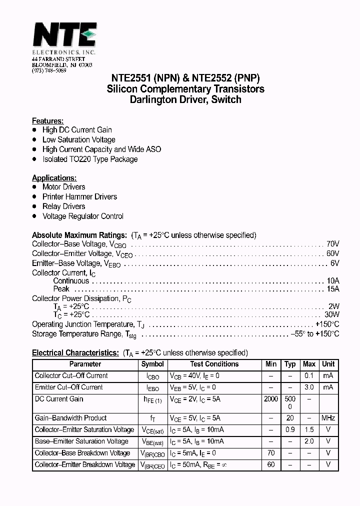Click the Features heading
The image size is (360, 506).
click(47, 121)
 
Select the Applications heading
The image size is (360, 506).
click(54, 178)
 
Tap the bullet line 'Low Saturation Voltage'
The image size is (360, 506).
click(78, 140)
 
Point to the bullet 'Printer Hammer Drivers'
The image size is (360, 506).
click(79, 197)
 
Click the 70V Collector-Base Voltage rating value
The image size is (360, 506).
click(332, 244)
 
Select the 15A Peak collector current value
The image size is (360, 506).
click(332, 289)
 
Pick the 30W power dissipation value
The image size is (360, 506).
click(331, 315)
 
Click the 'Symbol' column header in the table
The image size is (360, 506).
click(152, 364)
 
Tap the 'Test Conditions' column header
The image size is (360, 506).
click(214, 364)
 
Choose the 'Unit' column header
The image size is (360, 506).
click(328, 364)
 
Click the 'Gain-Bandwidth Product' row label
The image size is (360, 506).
click(70, 418)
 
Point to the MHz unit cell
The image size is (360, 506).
click(328, 418)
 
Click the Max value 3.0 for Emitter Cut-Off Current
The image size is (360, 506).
click(309, 387)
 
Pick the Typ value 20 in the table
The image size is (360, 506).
click(290, 418)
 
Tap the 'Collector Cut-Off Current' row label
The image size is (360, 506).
click(71, 376)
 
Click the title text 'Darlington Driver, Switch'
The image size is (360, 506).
click(185, 99)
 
